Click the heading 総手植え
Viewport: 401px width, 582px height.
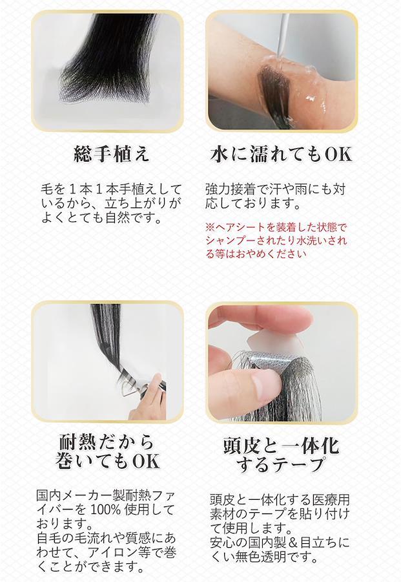pos(112,154)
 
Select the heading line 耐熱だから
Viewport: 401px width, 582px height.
pos(107,442)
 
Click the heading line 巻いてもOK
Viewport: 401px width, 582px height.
pos(107,460)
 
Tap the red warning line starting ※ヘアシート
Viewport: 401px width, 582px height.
pos(276,227)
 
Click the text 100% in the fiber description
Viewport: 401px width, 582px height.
pos(106,510)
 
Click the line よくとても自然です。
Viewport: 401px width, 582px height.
pos(102,217)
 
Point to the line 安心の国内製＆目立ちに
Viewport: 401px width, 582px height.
pos(280,543)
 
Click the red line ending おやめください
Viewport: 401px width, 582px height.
pos(256,254)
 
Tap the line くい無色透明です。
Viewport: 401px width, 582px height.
pos(263,556)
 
